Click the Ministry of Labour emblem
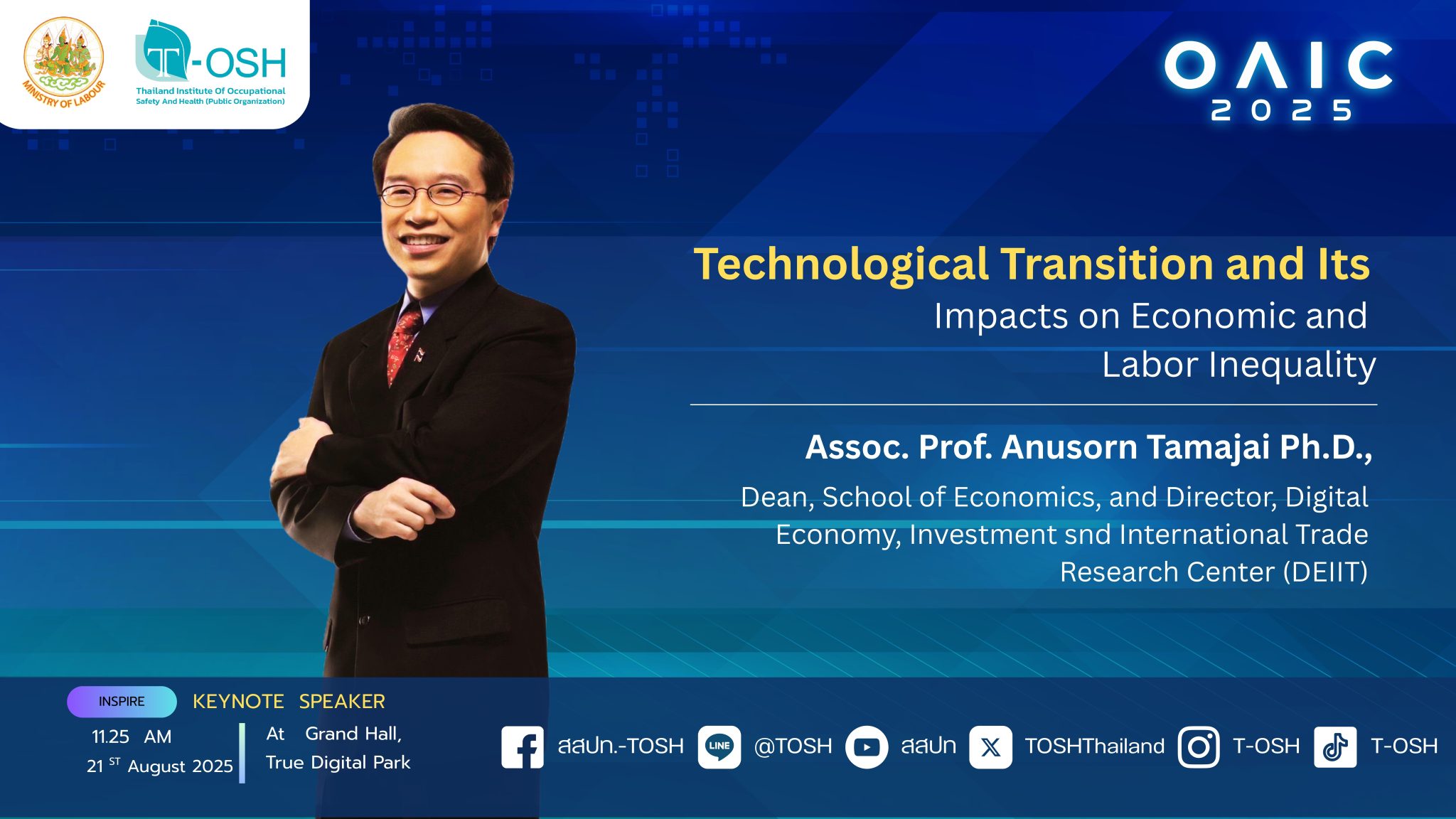[64, 63]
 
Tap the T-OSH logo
[210, 63]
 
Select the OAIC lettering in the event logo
[1278, 65]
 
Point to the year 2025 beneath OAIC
[1281, 110]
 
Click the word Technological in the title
[841, 265]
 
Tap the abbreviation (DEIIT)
[1325, 572]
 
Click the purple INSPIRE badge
[122, 702]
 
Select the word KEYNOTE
[238, 702]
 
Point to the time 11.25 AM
[132, 737]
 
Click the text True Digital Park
[338, 763]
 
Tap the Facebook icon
[523, 746]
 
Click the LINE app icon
[719, 746]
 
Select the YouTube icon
[867, 746]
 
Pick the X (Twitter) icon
[990, 746]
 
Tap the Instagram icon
[1199, 746]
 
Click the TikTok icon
[1335, 746]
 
